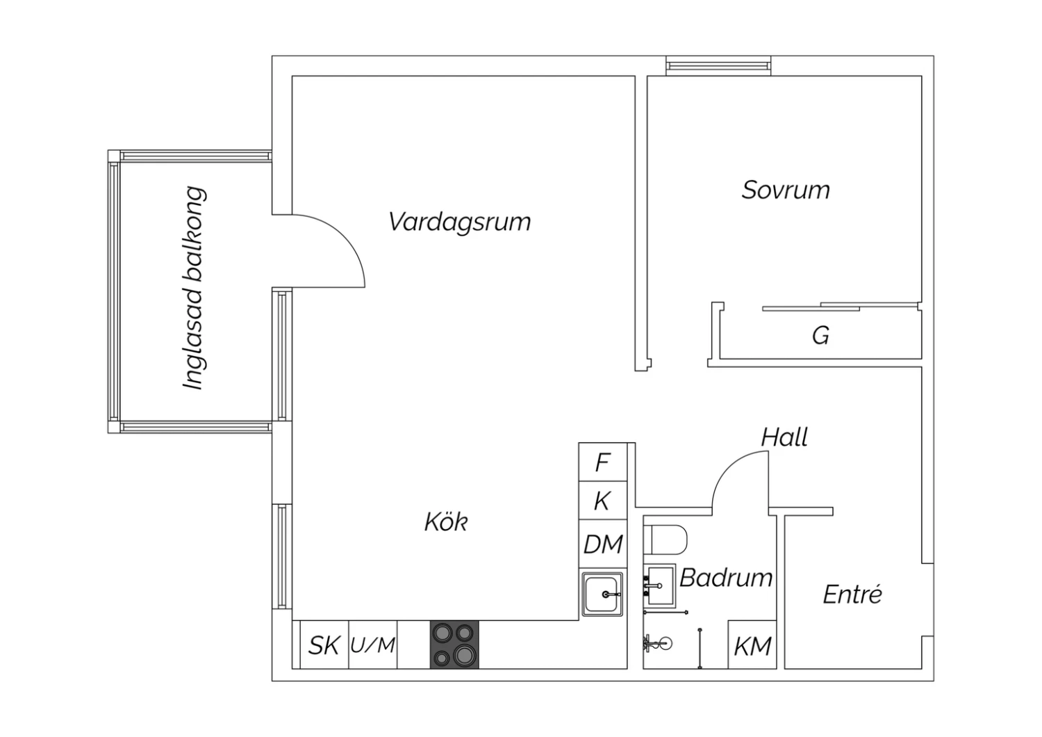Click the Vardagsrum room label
[x=459, y=222]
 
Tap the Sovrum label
[x=785, y=191]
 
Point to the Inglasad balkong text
[x=195, y=288]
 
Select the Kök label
[x=446, y=521]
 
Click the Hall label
[x=784, y=437]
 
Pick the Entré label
[x=852, y=594]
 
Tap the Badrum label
[x=726, y=578]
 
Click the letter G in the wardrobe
[x=820, y=336]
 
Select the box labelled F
[x=602, y=462]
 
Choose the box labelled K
[x=602, y=501]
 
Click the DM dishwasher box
[x=602, y=544]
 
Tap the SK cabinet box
[x=323, y=645]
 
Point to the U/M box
[x=372, y=645]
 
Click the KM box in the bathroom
[x=752, y=646]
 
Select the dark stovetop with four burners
[x=454, y=645]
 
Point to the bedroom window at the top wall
[x=718, y=66]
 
